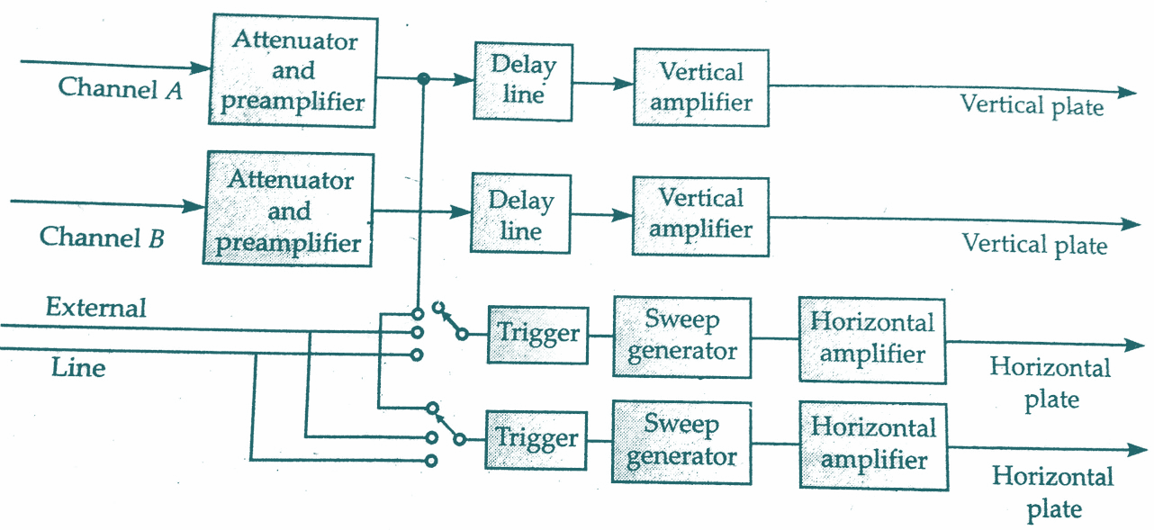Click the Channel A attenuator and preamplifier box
293,70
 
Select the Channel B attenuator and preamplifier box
289,210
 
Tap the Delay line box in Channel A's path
523,80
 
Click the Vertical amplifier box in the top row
700,86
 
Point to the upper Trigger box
538,334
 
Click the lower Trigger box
536,439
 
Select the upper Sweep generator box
681,336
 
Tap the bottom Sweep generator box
681,441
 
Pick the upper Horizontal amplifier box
872,339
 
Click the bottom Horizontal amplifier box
873,445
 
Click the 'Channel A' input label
121,88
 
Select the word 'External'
95,308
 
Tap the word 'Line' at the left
77,368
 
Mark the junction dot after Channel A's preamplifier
422,79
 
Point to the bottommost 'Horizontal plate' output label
1052,492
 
